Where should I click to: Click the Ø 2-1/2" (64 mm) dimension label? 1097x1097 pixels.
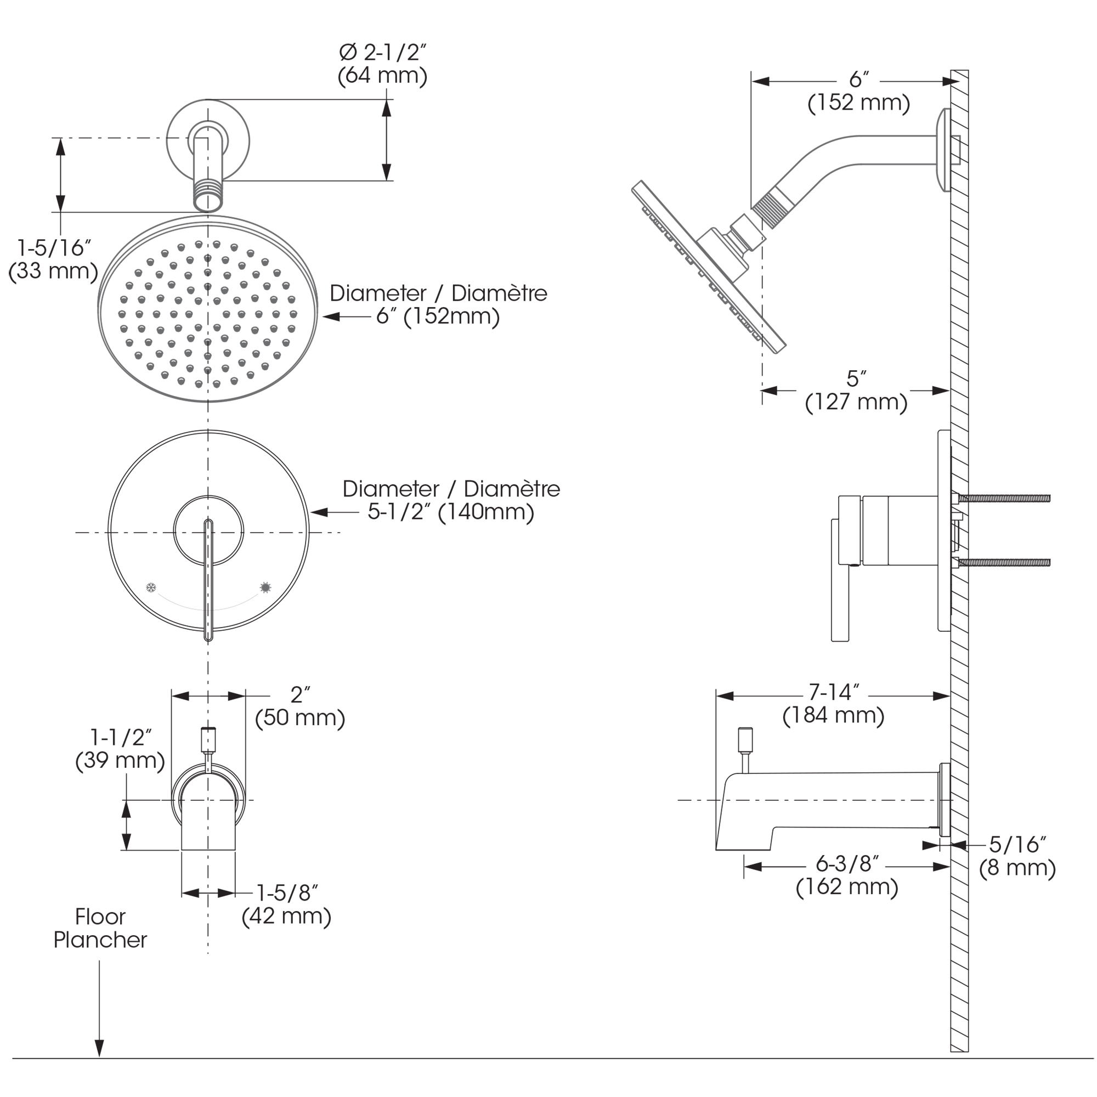382,64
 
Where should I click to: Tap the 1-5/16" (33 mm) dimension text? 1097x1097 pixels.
53,259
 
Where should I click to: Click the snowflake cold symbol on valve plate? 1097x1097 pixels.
151,587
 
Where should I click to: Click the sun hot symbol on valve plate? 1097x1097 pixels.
265,587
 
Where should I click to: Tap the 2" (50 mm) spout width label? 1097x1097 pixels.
300,706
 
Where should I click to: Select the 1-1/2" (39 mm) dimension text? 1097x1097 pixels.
120,749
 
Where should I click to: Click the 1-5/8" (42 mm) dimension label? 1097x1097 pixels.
286,904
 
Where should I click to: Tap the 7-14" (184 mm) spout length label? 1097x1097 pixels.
833,704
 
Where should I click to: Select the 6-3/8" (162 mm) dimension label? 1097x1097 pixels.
846,875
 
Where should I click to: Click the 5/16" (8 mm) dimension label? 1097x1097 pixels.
1017,856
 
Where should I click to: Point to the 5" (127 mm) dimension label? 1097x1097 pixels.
856,391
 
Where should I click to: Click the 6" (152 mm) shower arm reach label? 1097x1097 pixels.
858,91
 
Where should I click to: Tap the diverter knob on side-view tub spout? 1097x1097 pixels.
744,739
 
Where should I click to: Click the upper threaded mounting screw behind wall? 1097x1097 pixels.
1003,499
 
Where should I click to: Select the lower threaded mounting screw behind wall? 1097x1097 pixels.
1003,563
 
